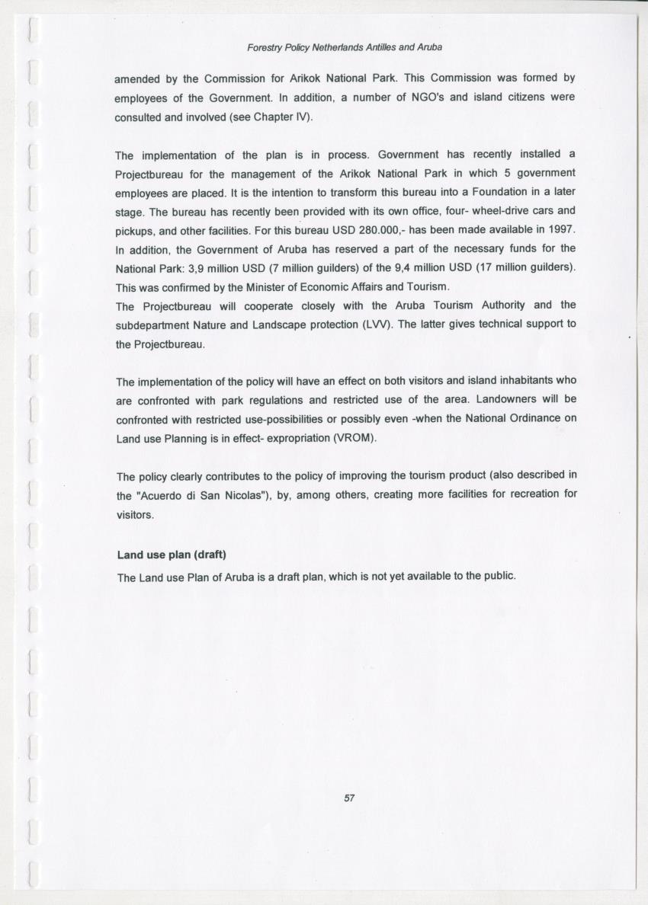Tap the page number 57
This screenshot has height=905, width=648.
coord(349,798)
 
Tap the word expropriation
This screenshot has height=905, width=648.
coord(292,439)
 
